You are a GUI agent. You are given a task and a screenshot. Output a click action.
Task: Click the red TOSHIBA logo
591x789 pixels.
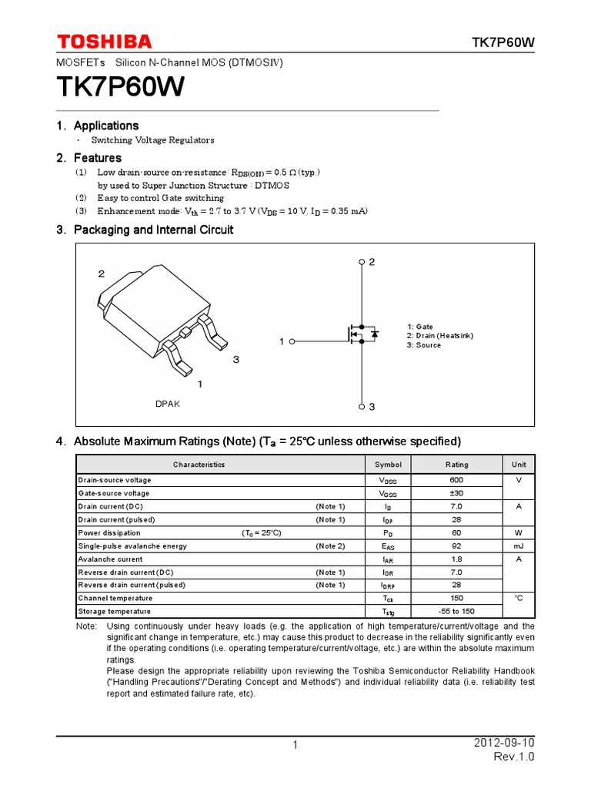coord(104,42)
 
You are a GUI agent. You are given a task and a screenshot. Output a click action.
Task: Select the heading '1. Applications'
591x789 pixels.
coord(98,126)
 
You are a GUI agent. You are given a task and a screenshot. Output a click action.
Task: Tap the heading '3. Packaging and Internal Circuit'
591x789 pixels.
coord(145,230)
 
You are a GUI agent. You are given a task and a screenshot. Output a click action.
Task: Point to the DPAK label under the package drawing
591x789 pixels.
coord(167,404)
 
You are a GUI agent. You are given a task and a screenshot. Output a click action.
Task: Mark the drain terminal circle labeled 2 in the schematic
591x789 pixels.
coord(362,263)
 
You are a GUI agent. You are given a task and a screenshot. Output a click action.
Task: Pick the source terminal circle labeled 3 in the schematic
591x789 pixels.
coord(362,406)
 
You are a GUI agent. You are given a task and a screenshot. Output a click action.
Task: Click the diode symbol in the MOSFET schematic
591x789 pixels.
coord(374,334)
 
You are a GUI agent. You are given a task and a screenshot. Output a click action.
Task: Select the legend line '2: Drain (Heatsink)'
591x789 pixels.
coord(440,336)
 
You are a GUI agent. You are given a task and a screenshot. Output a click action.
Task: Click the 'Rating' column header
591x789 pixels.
coord(456,465)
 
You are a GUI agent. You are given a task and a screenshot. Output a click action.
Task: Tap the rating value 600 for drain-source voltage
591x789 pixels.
coord(456,480)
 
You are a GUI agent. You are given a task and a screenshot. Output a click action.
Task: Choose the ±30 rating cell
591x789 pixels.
coord(456,493)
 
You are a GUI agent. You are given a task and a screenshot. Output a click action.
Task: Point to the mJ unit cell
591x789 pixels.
coord(519,546)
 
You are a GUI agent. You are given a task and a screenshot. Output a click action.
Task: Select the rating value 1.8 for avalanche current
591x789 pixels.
coord(456,559)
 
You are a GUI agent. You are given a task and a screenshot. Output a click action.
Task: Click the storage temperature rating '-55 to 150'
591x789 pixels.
coord(456,611)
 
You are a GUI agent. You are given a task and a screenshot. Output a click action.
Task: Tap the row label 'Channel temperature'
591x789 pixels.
coord(115,598)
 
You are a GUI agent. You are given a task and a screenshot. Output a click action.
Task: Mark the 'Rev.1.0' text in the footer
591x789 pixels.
coord(513,757)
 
